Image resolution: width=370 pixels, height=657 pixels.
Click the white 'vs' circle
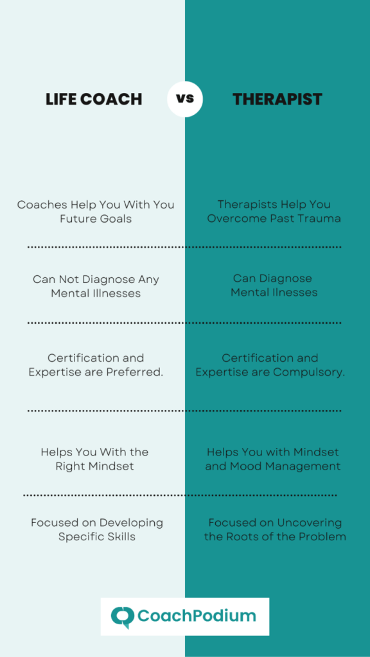184,99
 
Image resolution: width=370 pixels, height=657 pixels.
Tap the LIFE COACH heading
94,99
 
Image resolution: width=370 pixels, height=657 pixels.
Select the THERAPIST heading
277,99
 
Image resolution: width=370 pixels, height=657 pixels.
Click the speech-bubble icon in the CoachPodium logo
123,617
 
